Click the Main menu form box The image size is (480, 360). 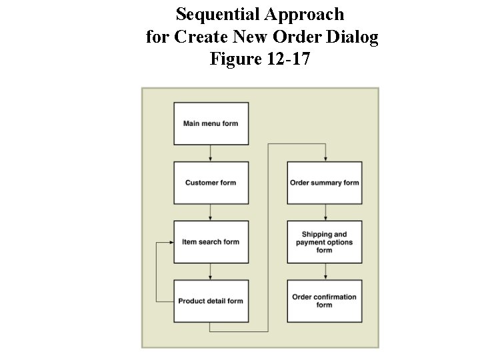[211, 123]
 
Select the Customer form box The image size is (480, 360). [211, 183]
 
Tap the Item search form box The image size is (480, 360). [211, 241]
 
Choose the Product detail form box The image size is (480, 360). [211, 301]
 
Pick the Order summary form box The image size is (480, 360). [325, 183]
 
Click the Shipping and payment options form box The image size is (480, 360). [325, 242]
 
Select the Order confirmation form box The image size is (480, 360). [325, 301]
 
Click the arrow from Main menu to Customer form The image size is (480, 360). [211, 153]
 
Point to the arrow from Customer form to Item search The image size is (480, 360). [211, 212]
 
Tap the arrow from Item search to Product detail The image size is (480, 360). [211, 271]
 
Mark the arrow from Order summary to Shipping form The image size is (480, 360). [325, 212]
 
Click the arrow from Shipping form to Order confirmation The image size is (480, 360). [325, 271]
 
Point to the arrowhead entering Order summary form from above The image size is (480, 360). [325, 159]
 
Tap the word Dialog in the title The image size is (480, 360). [355, 37]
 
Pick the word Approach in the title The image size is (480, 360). [304, 14]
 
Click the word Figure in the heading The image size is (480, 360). [233, 59]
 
